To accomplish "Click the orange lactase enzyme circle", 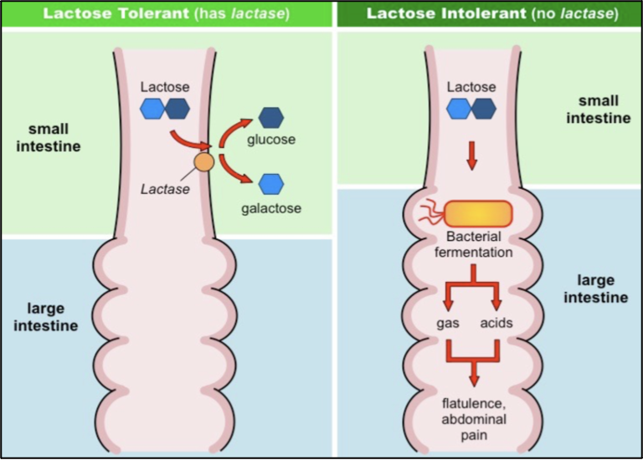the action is [x=203, y=162].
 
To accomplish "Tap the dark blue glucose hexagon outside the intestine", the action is [x=271, y=118].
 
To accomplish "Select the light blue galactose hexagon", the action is [x=271, y=184].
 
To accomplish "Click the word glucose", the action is [x=271, y=140].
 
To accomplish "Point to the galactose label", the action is [x=271, y=208].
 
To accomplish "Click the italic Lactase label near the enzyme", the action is [x=165, y=189].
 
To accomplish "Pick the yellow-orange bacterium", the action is [x=478, y=214].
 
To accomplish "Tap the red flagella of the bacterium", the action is [x=432, y=212].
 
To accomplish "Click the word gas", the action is [x=447, y=323].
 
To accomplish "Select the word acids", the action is [x=496, y=323].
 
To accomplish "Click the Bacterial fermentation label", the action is [x=474, y=244].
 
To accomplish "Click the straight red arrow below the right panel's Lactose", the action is [x=471, y=156].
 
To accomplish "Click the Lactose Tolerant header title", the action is [x=116, y=13].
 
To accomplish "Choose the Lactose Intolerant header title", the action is [x=446, y=13].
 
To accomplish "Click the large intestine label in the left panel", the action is [x=45, y=317].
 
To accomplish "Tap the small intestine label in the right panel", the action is [x=599, y=110].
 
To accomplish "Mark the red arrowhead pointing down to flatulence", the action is [x=474, y=380].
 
